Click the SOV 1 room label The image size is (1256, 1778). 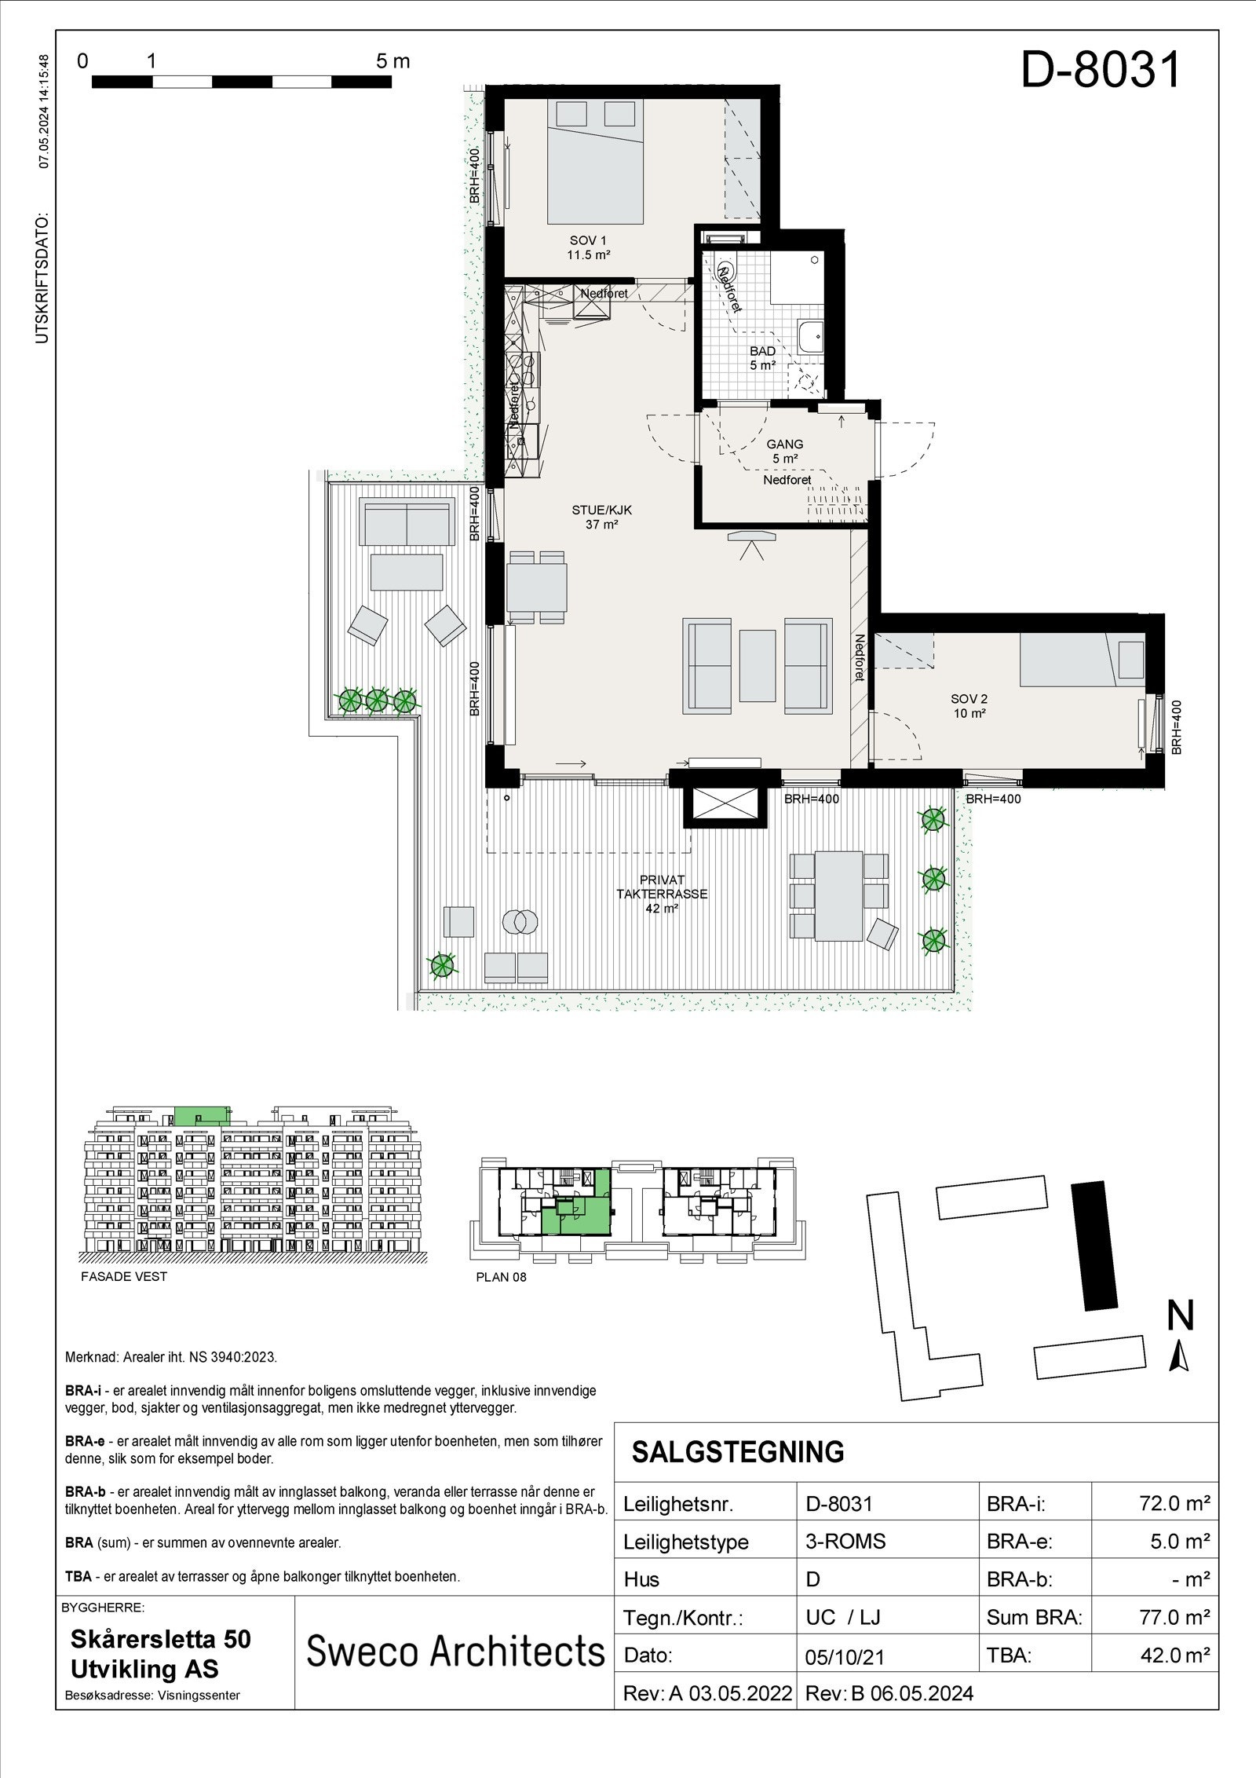click(x=590, y=247)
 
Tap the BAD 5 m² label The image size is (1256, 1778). click(x=762, y=358)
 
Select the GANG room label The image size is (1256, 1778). click(x=785, y=451)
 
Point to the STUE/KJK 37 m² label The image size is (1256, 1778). click(x=601, y=517)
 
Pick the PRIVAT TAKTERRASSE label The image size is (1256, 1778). click(x=662, y=893)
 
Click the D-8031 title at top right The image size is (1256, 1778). click(x=1101, y=71)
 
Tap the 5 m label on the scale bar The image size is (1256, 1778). click(x=392, y=61)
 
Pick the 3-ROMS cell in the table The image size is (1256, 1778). click(x=845, y=1542)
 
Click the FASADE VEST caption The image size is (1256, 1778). click(x=124, y=1276)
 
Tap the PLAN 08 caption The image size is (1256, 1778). click(x=501, y=1277)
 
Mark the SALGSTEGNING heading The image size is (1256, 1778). click(x=737, y=1452)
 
